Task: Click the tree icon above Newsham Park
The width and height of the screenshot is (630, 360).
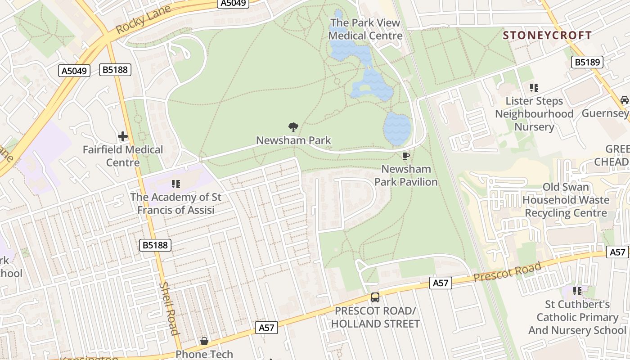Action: coord(293,127)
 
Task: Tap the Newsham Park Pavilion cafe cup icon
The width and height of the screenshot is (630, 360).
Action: coord(405,156)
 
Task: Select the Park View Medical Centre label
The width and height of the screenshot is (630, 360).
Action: coord(365,29)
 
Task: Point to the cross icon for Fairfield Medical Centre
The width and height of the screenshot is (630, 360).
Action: coord(123,136)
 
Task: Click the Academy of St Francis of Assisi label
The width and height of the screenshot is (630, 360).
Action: coord(175,203)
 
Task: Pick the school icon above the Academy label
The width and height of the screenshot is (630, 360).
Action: coord(175,184)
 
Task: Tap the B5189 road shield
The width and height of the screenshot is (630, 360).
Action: coord(588,62)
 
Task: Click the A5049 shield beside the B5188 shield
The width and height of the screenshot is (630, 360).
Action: coord(74,71)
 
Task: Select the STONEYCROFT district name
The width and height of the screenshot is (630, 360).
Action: coord(547,35)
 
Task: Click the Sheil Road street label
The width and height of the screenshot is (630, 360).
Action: coord(169,309)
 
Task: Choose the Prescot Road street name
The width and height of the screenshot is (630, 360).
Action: coord(507,272)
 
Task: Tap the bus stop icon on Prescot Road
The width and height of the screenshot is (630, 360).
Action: coord(375,297)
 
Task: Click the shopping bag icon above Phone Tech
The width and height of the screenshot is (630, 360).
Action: coord(204,341)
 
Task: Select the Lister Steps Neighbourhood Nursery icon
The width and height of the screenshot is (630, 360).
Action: coord(534,88)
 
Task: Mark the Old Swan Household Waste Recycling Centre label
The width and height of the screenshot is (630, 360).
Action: coord(566,200)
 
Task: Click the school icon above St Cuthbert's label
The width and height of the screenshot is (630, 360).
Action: coord(577,291)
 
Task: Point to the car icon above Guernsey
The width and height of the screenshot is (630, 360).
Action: coord(624,100)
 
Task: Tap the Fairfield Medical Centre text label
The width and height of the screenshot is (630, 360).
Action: coord(123,156)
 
